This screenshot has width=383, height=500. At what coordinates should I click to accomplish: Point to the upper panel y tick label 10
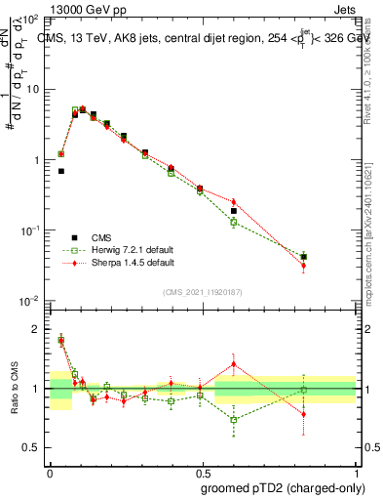click(x=31, y=89)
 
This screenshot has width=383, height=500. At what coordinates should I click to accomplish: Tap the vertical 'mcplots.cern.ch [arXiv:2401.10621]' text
click(x=367, y=215)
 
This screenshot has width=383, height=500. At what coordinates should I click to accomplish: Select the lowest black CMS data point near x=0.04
click(x=60, y=171)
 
